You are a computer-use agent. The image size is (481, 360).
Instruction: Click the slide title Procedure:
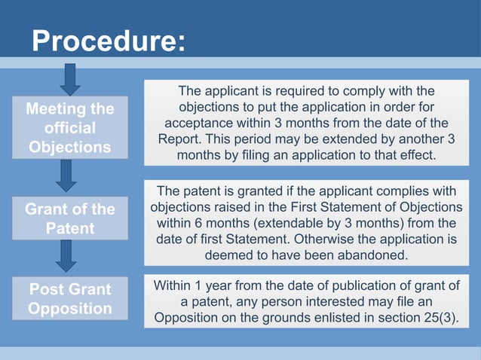click(107, 41)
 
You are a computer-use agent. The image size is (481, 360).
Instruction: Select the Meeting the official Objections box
click(70, 127)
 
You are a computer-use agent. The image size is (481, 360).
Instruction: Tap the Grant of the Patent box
click(70, 217)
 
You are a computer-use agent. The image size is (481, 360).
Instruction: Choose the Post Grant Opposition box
click(70, 299)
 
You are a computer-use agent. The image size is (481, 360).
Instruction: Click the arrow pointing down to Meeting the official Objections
click(70, 78)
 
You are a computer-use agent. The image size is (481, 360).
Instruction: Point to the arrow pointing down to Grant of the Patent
click(70, 175)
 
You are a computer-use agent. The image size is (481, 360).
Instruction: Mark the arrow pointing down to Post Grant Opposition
click(70, 255)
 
